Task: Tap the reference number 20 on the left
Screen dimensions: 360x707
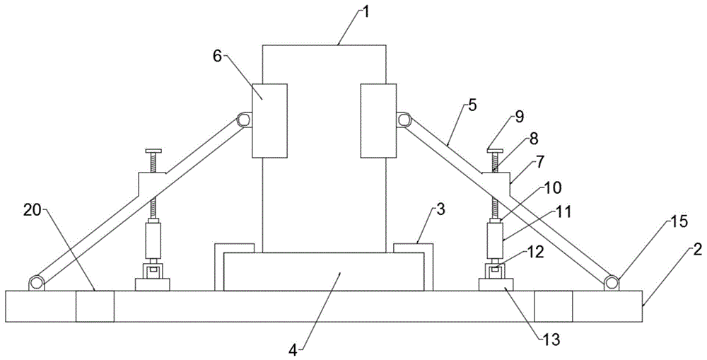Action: tap(32, 211)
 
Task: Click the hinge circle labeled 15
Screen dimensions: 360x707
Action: tap(611, 283)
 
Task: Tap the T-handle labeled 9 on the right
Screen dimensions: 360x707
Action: tap(494, 151)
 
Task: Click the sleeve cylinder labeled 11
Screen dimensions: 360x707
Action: tap(494, 240)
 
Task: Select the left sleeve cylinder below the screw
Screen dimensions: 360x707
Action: tap(153, 240)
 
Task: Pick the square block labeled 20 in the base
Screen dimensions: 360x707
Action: tap(95, 306)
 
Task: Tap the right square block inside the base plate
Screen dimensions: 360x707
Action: tap(553, 306)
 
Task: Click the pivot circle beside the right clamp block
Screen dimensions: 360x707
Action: tap(404, 120)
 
